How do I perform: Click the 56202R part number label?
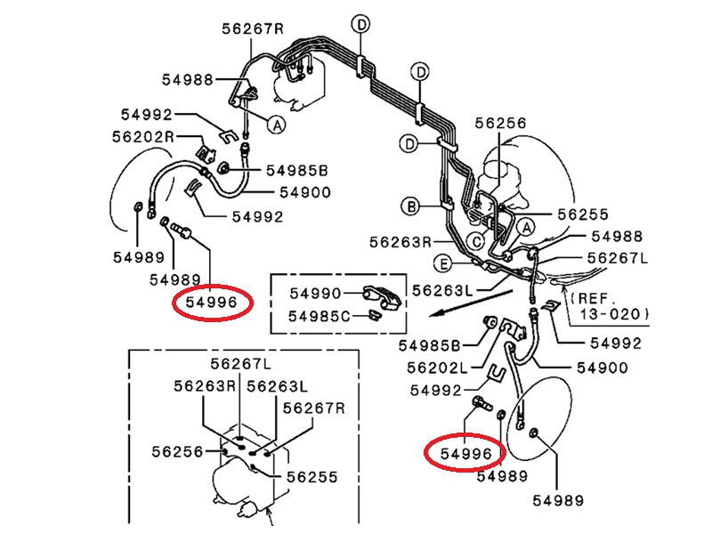pyautogui.click(x=143, y=136)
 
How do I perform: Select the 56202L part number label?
pyautogui.click(x=437, y=368)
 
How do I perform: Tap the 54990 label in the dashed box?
pyautogui.click(x=315, y=294)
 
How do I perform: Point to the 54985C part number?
pyautogui.click(x=320, y=316)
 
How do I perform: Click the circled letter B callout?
pyautogui.click(x=411, y=207)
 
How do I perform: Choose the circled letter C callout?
pyautogui.click(x=476, y=241)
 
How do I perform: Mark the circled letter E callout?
pyautogui.click(x=442, y=263)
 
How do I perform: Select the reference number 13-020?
pyautogui.click(x=610, y=314)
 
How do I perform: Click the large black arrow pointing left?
pyautogui.click(x=472, y=303)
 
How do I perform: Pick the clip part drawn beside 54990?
pyautogui.click(x=383, y=298)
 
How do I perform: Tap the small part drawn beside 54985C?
pyautogui.click(x=374, y=315)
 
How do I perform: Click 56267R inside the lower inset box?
pyautogui.click(x=314, y=408)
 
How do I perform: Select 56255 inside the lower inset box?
pyautogui.click(x=312, y=477)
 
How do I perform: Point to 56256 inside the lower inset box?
pyautogui.click(x=177, y=451)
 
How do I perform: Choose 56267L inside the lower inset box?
pyautogui.click(x=240, y=364)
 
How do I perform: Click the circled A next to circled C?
pyautogui.click(x=526, y=228)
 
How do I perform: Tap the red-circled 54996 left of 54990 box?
pyautogui.click(x=212, y=302)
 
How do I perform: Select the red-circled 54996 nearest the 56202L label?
pyautogui.click(x=465, y=453)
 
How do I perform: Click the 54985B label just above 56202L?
pyautogui.click(x=429, y=345)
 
